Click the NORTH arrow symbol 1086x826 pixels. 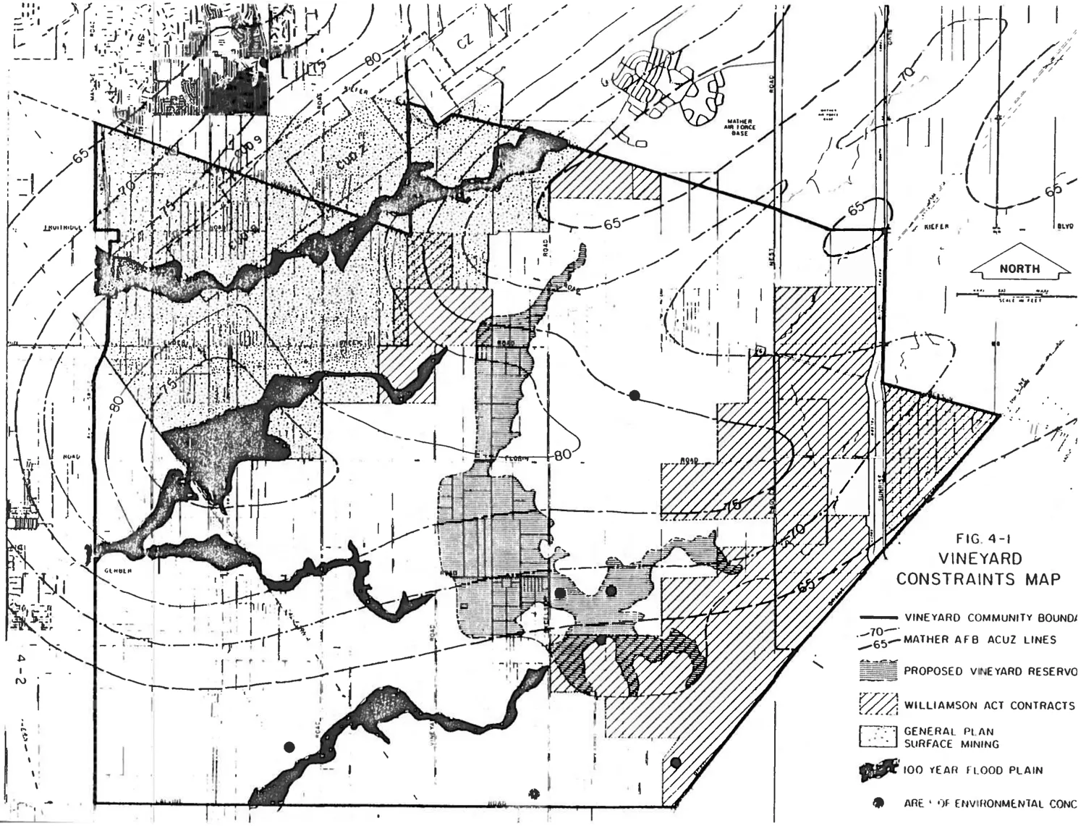pyautogui.click(x=1020, y=269)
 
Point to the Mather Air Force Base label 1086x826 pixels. pyautogui.click(x=738, y=127)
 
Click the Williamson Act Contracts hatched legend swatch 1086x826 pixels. pyautogui.click(x=878, y=703)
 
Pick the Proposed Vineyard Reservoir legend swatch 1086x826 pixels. pyautogui.click(x=878, y=670)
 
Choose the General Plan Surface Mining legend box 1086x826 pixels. pyautogui.click(x=878, y=736)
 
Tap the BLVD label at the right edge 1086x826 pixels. pyautogui.click(x=1064, y=227)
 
